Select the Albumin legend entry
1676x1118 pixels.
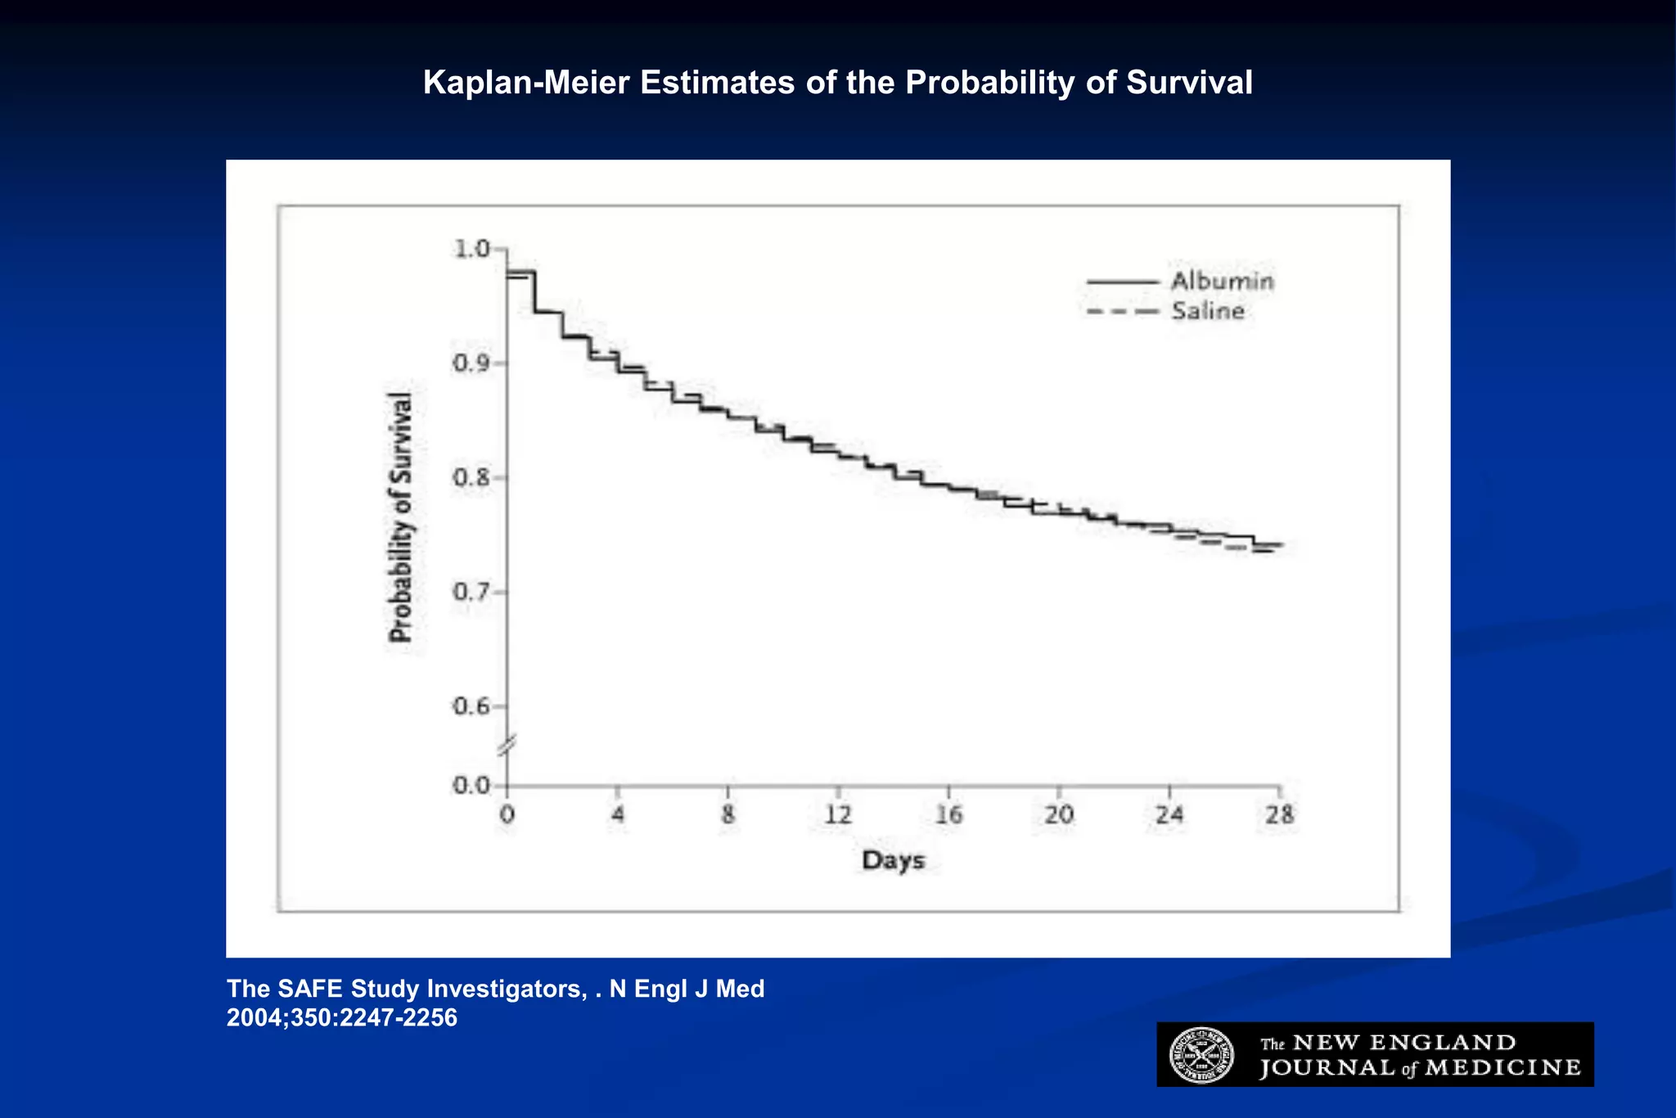[1221, 282]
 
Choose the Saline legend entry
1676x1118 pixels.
[1207, 311]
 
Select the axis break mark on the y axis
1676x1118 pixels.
[507, 746]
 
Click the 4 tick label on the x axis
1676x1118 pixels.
[618, 815]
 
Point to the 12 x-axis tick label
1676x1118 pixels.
[838, 815]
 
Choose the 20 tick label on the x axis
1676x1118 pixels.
[1059, 815]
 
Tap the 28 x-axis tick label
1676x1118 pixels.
[1280, 815]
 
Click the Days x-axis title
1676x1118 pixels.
[893, 861]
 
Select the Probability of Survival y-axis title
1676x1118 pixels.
[401, 517]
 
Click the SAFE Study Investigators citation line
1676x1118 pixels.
[495, 989]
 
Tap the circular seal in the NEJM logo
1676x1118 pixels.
[1201, 1055]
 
